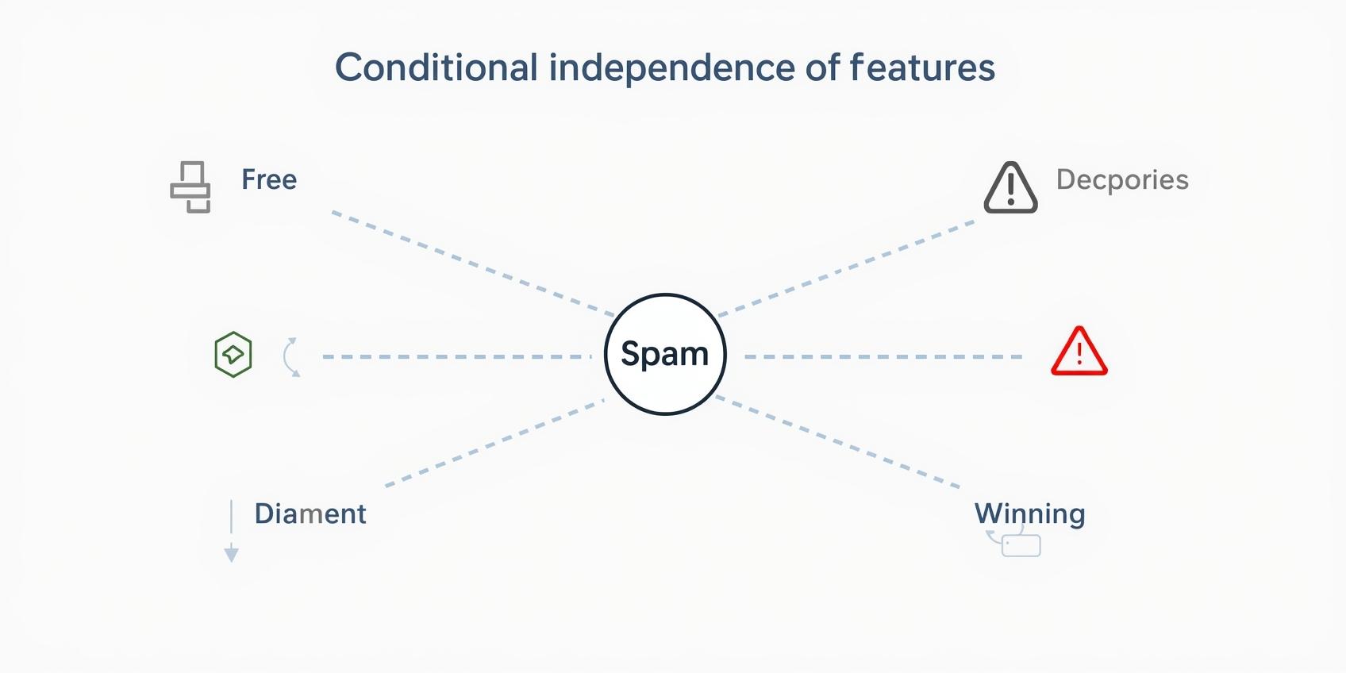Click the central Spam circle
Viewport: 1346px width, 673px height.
tap(665, 354)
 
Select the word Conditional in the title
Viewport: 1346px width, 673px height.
tap(436, 68)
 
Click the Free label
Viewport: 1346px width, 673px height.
tap(269, 179)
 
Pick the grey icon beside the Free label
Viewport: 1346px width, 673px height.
tap(190, 187)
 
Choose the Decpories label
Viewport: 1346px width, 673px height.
tap(1121, 179)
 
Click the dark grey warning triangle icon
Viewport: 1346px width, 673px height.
tap(1010, 189)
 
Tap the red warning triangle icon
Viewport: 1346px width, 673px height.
tap(1079, 352)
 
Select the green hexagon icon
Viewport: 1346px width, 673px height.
tap(233, 355)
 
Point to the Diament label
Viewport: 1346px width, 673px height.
tap(310, 513)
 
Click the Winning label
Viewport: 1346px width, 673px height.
tap(1029, 513)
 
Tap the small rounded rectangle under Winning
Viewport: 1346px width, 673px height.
tap(1021, 546)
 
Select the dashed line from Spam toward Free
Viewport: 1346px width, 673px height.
tap(472, 263)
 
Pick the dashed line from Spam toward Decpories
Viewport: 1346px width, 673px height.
tap(846, 268)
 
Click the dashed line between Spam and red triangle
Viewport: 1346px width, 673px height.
tap(883, 357)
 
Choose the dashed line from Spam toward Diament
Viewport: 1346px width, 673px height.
tap(494, 443)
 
